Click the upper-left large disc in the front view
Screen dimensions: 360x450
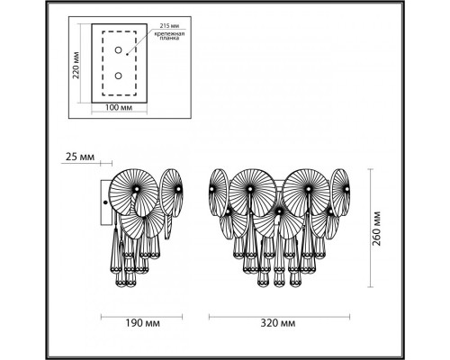tap(251, 192)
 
